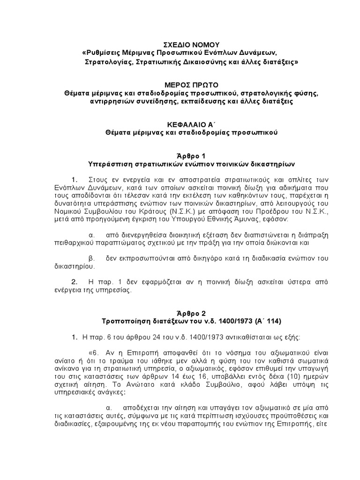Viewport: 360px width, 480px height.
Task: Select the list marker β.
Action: pyautogui.click(x=91, y=258)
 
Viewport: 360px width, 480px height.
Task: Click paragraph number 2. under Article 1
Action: pyautogui.click(x=74, y=282)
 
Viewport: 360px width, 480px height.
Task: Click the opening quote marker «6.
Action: pyautogui.click(x=93, y=353)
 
